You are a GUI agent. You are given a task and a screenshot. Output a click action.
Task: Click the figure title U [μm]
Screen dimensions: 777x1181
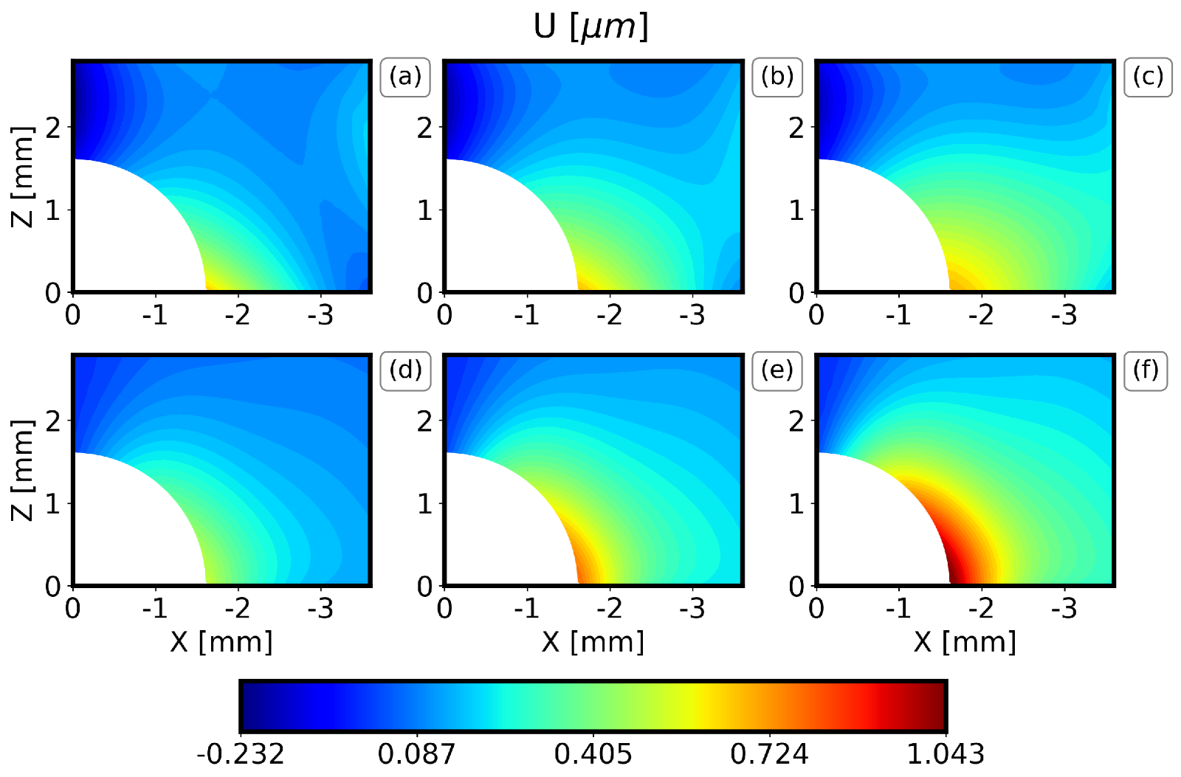590,27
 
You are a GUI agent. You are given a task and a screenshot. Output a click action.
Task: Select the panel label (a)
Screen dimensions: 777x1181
405,77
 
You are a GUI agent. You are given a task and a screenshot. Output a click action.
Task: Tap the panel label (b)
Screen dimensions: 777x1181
777,77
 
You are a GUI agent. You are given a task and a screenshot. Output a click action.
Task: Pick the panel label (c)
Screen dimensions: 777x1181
1149,77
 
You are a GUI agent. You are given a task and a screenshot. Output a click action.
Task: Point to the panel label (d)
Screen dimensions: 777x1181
405,370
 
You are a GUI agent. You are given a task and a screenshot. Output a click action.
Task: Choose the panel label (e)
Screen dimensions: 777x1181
777,370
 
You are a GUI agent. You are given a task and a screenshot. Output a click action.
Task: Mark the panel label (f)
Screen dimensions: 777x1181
1146,370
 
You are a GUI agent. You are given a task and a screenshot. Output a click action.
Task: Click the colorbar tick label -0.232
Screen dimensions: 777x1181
241,754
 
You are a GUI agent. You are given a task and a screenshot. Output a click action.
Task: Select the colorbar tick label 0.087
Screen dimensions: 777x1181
417,754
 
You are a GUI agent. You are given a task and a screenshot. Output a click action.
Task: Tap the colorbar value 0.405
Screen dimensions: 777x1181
593,754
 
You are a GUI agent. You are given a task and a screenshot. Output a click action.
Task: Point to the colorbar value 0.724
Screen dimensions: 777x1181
769,754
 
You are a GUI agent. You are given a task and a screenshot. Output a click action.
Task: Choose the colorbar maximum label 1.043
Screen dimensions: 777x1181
946,754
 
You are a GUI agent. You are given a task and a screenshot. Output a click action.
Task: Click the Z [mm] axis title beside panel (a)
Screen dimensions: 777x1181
24,176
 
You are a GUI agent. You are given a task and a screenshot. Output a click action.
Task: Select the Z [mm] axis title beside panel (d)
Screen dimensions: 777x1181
24,470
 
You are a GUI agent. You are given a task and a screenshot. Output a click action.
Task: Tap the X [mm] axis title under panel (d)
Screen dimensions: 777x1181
221,642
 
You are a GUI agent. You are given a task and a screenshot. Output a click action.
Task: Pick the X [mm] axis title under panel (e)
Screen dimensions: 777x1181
593,642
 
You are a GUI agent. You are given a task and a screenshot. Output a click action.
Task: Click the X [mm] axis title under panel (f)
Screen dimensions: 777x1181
965,642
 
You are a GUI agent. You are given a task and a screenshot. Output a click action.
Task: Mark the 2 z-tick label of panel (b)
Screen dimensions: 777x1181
424,128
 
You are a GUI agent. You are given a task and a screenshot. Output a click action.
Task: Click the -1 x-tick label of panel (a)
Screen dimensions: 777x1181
154,316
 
